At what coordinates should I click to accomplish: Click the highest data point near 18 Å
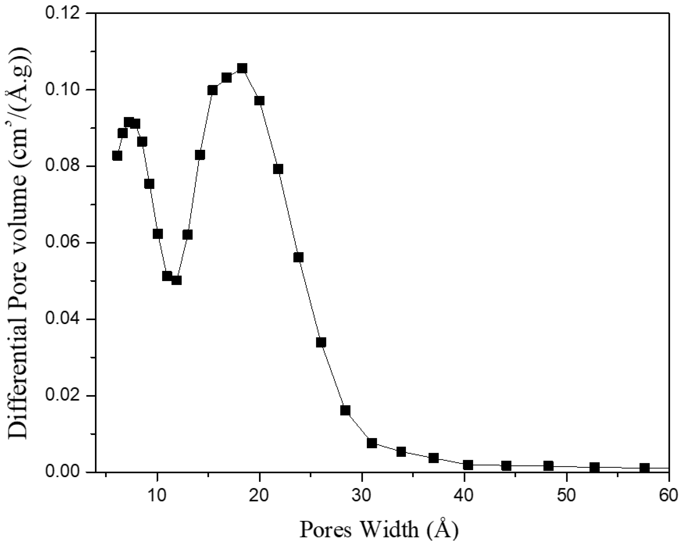point(242,68)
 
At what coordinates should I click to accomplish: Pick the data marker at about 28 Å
point(345,410)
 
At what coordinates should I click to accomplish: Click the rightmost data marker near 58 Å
point(645,468)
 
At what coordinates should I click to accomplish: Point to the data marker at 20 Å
point(259,101)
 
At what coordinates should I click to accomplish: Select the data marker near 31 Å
point(372,443)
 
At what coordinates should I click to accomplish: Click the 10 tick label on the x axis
point(157,496)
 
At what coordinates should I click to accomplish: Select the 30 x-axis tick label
point(362,496)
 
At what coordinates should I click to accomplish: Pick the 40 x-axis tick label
point(464,496)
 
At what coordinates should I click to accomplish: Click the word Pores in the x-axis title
point(325,529)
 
